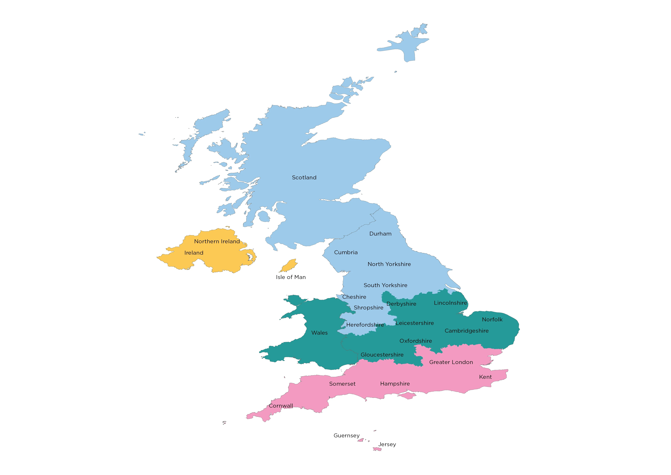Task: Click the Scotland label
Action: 304,178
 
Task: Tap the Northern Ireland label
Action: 217,241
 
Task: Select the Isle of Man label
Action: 291,277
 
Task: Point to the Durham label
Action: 380,234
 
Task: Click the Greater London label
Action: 451,362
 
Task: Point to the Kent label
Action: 485,377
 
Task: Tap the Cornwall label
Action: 281,406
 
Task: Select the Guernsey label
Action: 347,435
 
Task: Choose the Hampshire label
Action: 395,384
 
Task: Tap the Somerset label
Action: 342,384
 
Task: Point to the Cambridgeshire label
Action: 466,331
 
